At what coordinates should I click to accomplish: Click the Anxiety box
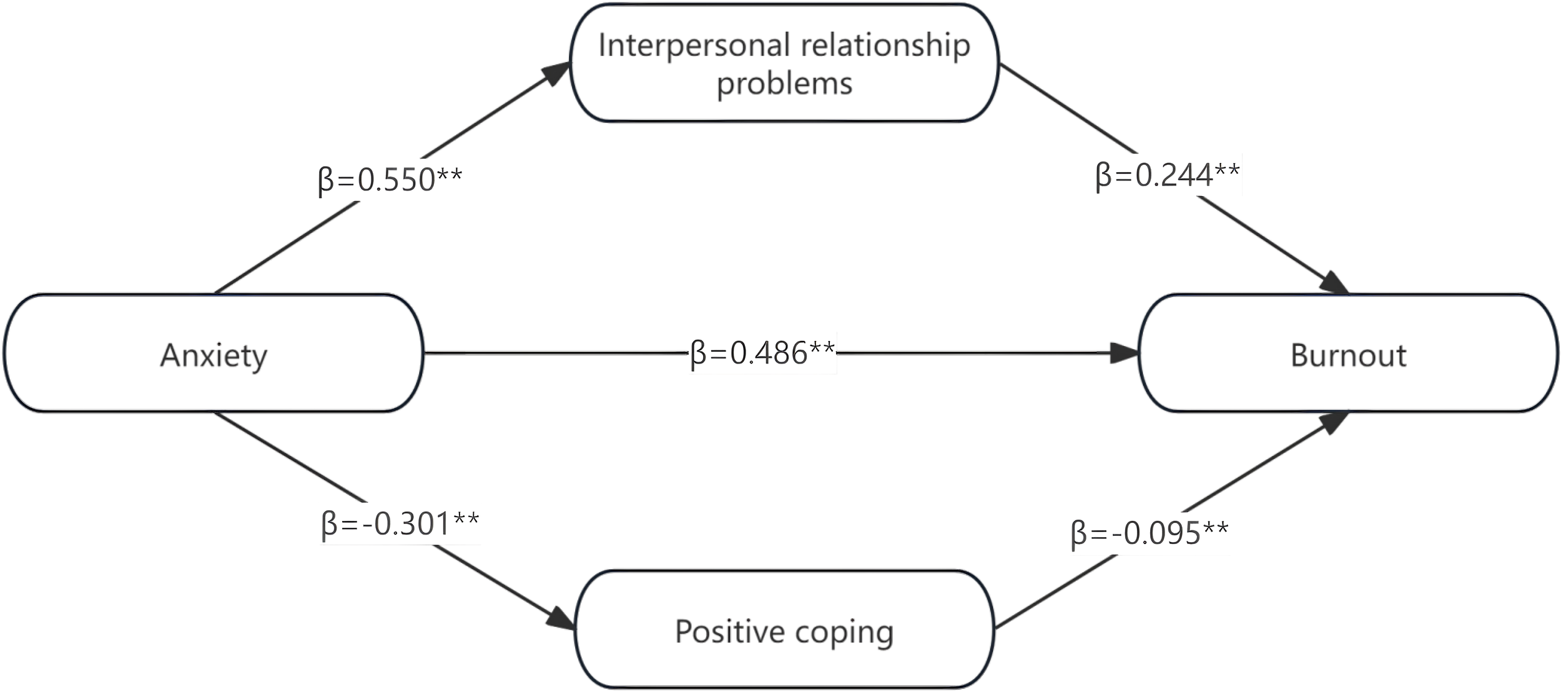214,353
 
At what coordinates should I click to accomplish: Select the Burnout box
1348,353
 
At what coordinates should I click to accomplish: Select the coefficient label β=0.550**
390,179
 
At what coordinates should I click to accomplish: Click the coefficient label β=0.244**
1167,175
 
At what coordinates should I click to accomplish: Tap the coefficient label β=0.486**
762,353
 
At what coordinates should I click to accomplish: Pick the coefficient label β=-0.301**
400,523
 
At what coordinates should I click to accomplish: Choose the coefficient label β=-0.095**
1149,533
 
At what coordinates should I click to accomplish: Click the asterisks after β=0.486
822,348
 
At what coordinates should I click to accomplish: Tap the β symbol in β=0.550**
326,181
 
